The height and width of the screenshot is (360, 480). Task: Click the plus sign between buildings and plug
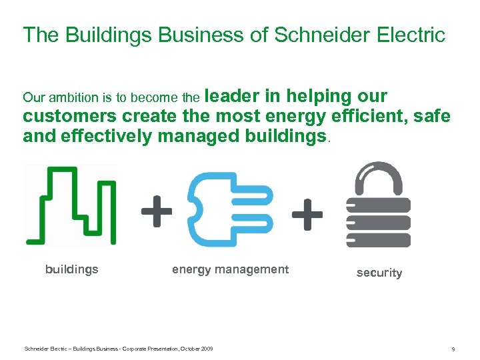tap(156, 211)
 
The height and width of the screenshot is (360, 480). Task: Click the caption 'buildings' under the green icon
tap(71, 269)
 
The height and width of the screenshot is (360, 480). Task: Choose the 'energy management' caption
tap(230, 269)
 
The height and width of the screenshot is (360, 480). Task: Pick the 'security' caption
tap(379, 273)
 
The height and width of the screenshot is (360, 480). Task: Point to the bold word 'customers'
tap(69, 117)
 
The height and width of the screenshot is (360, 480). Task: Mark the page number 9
tap(453, 349)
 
